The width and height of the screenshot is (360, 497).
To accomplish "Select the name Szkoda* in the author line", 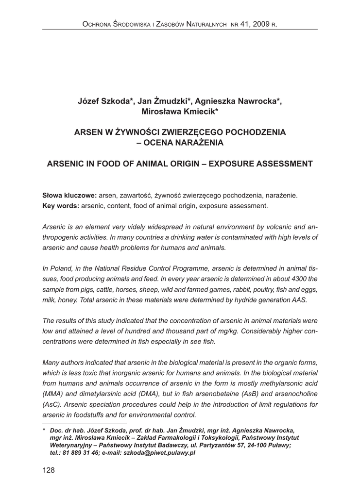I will (117, 101).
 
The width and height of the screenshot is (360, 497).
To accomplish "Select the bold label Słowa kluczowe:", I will (69, 195).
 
